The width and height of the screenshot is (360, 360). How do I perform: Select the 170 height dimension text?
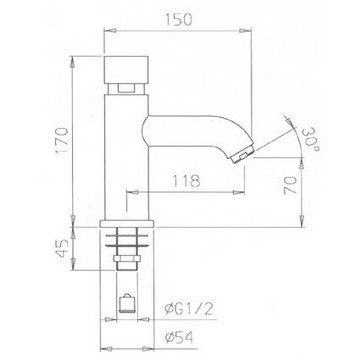pos(62,140)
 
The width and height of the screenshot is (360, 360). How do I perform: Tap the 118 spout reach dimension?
pos(186,181)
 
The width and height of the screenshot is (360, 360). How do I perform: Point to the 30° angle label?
pos(311,139)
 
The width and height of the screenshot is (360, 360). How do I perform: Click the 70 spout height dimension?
pos(290,186)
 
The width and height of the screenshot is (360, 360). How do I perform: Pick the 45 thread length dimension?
pos(62,248)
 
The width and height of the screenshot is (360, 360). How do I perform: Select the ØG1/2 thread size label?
pos(189,310)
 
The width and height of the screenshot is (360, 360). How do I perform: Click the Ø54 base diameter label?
pos(179,338)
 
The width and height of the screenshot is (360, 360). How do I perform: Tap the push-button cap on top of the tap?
pos(126,70)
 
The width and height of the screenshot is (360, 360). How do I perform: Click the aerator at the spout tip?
pos(242,155)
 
